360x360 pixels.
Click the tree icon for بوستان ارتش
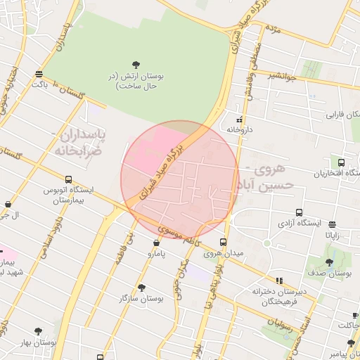(x=136, y=64)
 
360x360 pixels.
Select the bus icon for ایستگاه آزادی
(x=300, y=212)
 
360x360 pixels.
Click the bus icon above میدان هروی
(x=224, y=243)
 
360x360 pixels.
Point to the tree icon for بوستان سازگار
(x=141, y=288)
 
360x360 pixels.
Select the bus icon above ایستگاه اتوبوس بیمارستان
(x=68, y=179)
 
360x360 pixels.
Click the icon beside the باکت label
(x=38, y=73)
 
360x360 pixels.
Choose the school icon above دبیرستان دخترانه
(x=279, y=281)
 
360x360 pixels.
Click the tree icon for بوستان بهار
(x=37, y=330)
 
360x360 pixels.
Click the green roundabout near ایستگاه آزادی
(x=267, y=243)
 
